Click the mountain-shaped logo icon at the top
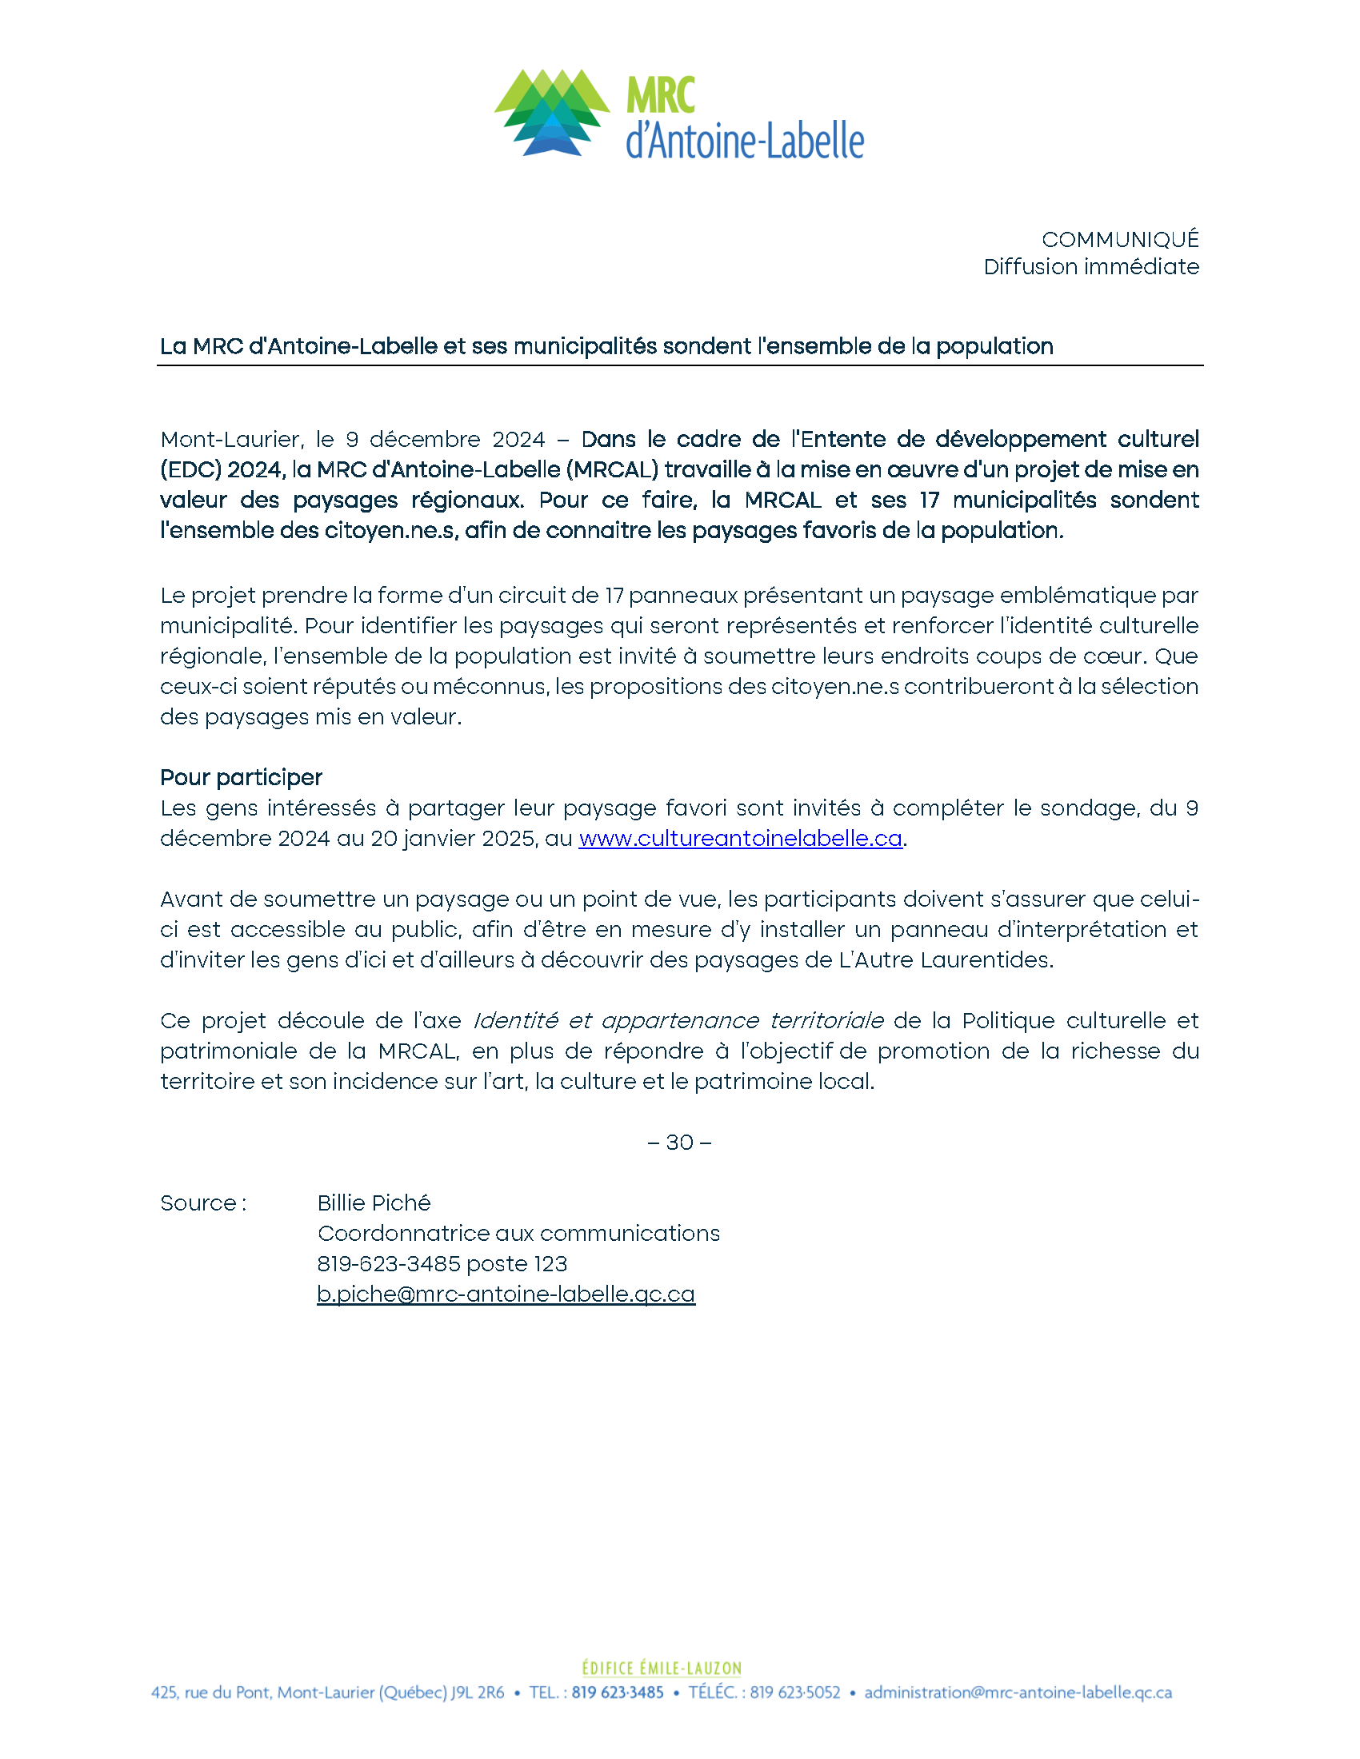[x=552, y=113]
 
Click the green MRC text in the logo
[x=661, y=96]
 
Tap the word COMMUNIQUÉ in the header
[x=1120, y=239]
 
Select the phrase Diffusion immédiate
[x=1091, y=266]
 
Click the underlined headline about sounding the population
[x=606, y=346]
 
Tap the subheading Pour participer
[x=241, y=777]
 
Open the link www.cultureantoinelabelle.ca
[x=740, y=839]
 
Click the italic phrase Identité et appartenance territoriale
[x=678, y=1020]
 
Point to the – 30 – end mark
[x=679, y=1142]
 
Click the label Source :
[x=203, y=1203]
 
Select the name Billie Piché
[x=374, y=1203]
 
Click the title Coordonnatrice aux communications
[x=519, y=1233]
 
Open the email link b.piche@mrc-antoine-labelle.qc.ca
[x=506, y=1294]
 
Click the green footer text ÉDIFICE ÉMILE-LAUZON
[x=662, y=1668]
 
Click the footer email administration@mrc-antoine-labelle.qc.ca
[x=1018, y=1692]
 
